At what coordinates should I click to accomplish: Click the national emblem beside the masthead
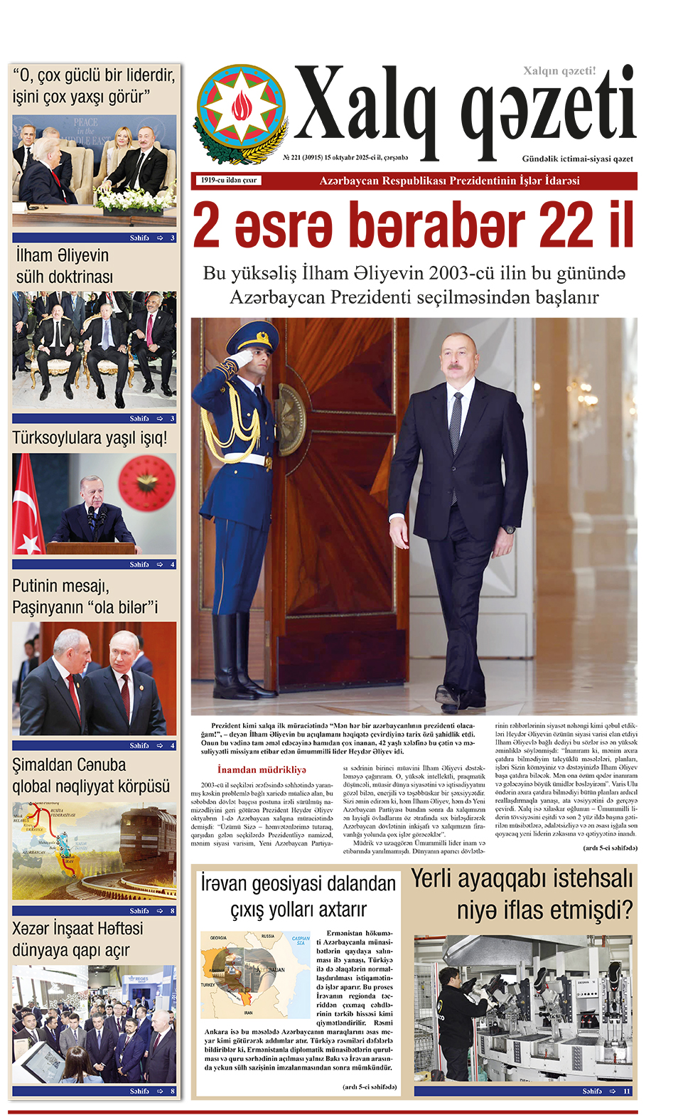coord(242,114)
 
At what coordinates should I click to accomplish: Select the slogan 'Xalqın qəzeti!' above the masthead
coord(559,71)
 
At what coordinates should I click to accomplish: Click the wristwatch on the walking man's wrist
coord(510,530)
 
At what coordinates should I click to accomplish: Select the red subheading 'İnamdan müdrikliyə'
coord(262,769)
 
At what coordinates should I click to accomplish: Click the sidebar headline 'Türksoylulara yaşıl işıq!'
coord(90,438)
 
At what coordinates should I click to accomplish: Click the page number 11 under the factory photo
coord(627,1091)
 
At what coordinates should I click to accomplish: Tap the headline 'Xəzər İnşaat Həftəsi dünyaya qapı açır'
coord(78,939)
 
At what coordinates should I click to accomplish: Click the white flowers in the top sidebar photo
coord(135,198)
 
